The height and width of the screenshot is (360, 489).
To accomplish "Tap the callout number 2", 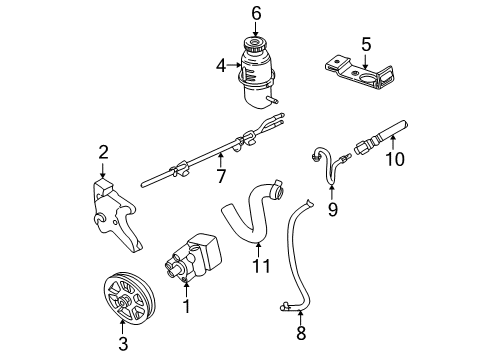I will click(x=102, y=152).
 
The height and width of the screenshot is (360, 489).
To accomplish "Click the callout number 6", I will click(x=256, y=13).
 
